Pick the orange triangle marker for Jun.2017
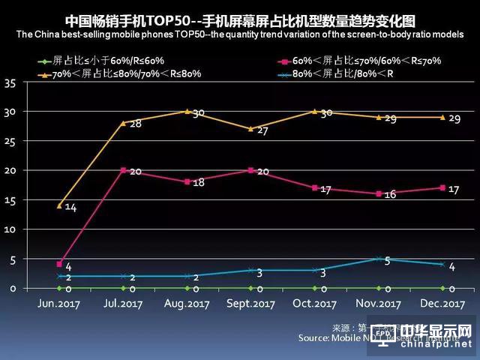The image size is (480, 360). coord(58,205)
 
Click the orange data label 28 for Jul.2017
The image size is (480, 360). coord(135,123)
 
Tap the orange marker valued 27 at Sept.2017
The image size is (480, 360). coord(250,128)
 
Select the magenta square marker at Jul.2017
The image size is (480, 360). coord(122,170)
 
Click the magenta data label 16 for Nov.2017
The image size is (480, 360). coord(390,194)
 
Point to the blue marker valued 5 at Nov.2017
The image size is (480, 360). coord(378,259)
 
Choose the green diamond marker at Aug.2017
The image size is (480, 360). coord(187,288)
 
